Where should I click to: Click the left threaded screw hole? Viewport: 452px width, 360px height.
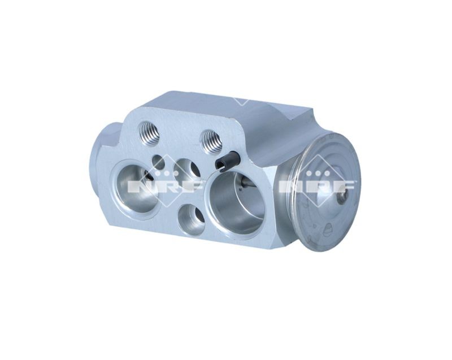click(149, 132)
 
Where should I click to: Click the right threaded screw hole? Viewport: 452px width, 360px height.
click(211, 141)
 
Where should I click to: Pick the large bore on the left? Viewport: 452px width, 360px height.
click(137, 189)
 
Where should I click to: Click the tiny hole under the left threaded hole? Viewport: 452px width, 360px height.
click(158, 163)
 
